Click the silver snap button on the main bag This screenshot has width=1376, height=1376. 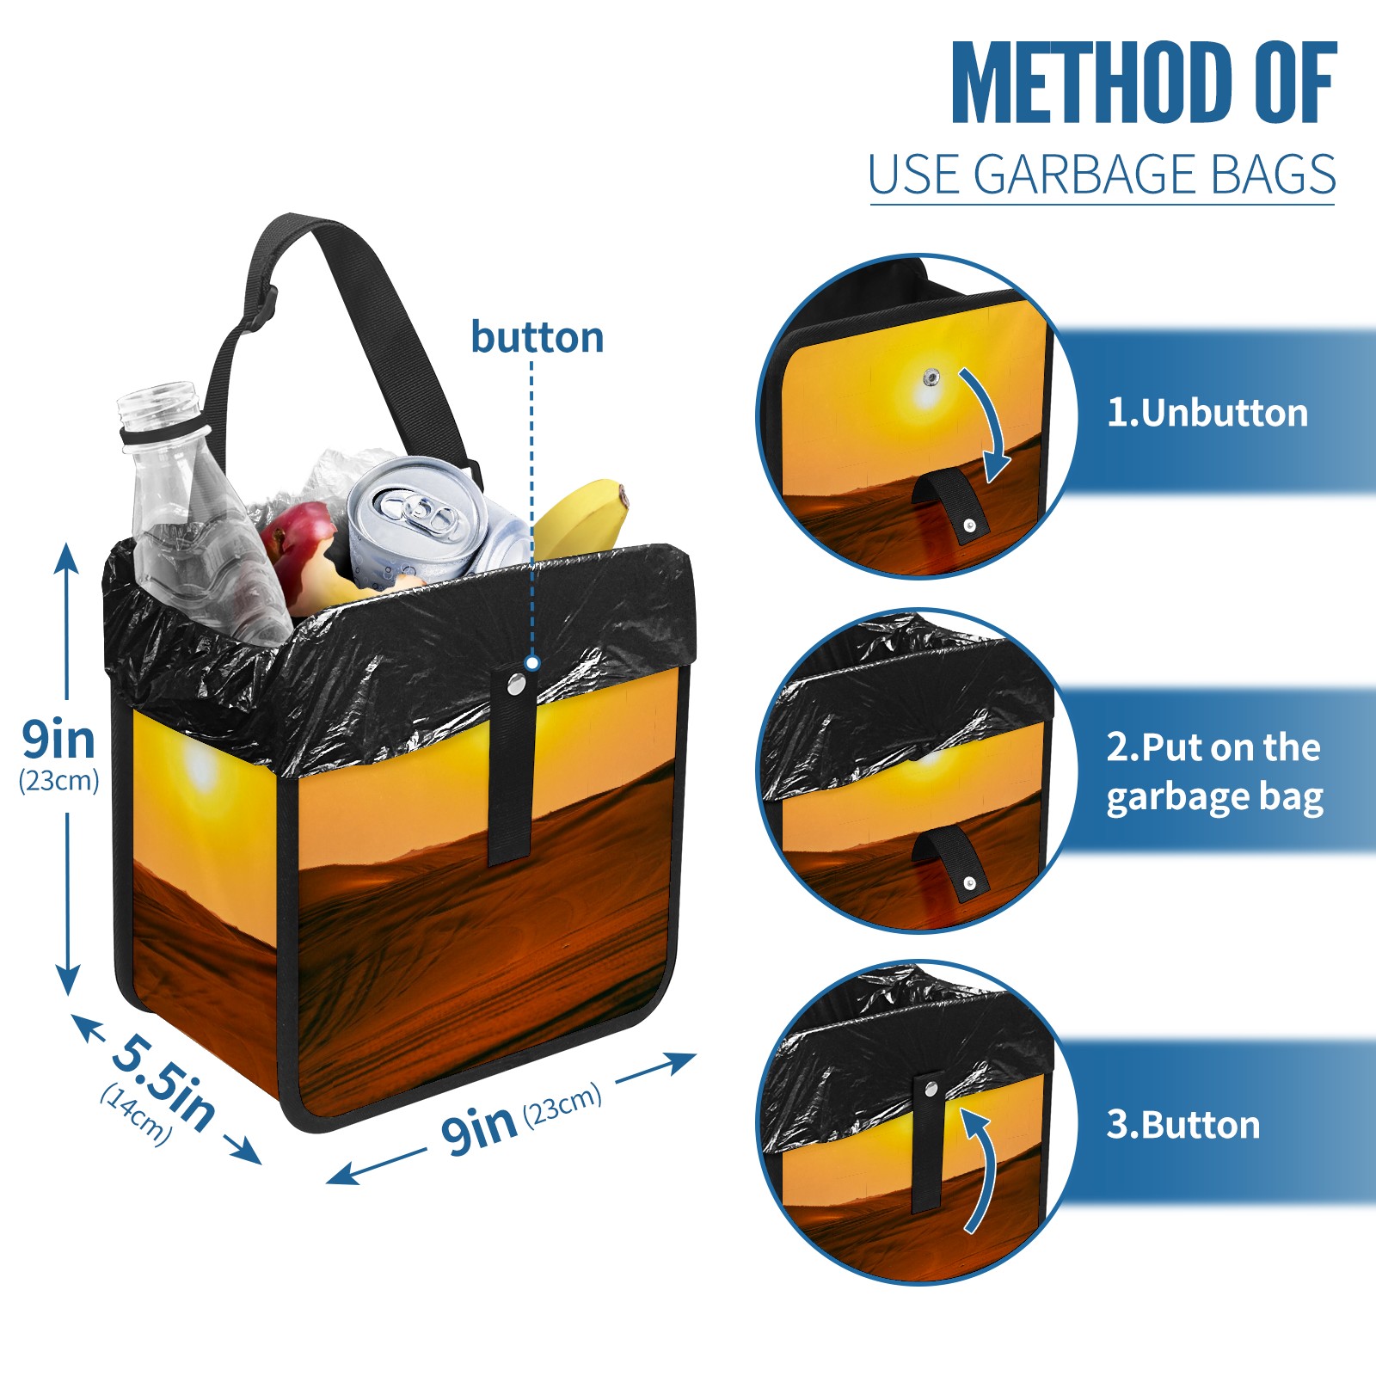pyautogui.click(x=516, y=684)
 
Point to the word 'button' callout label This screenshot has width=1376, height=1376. pyautogui.click(x=537, y=337)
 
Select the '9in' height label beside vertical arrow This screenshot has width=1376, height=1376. pyautogui.click(x=58, y=740)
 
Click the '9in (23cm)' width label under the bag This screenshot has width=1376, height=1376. pyautogui.click(x=520, y=1118)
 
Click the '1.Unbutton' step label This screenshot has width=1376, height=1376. pyautogui.click(x=1207, y=413)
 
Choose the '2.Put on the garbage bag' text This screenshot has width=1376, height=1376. pyautogui.click(x=1214, y=772)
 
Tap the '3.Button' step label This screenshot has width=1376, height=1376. pyautogui.click(x=1183, y=1125)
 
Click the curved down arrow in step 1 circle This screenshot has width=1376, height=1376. pyautogui.click(x=989, y=423)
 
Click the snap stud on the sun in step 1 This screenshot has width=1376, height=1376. pyautogui.click(x=931, y=377)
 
